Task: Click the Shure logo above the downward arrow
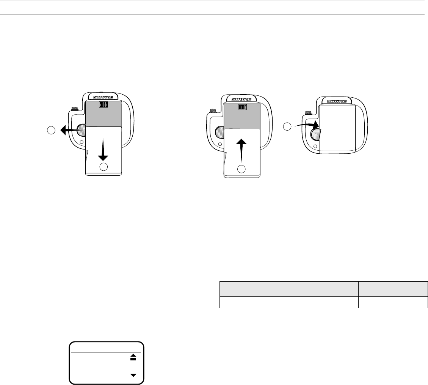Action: pos(103,97)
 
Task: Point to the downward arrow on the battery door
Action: pos(103,149)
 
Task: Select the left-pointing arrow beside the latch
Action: pos(70,130)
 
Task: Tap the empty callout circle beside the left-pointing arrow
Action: pos(51,130)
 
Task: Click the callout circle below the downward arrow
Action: pos(103,167)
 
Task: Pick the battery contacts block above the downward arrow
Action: pos(103,104)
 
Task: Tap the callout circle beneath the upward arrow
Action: pos(241,169)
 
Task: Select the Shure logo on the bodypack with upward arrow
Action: pos(241,99)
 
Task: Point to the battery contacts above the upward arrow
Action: pos(242,107)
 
